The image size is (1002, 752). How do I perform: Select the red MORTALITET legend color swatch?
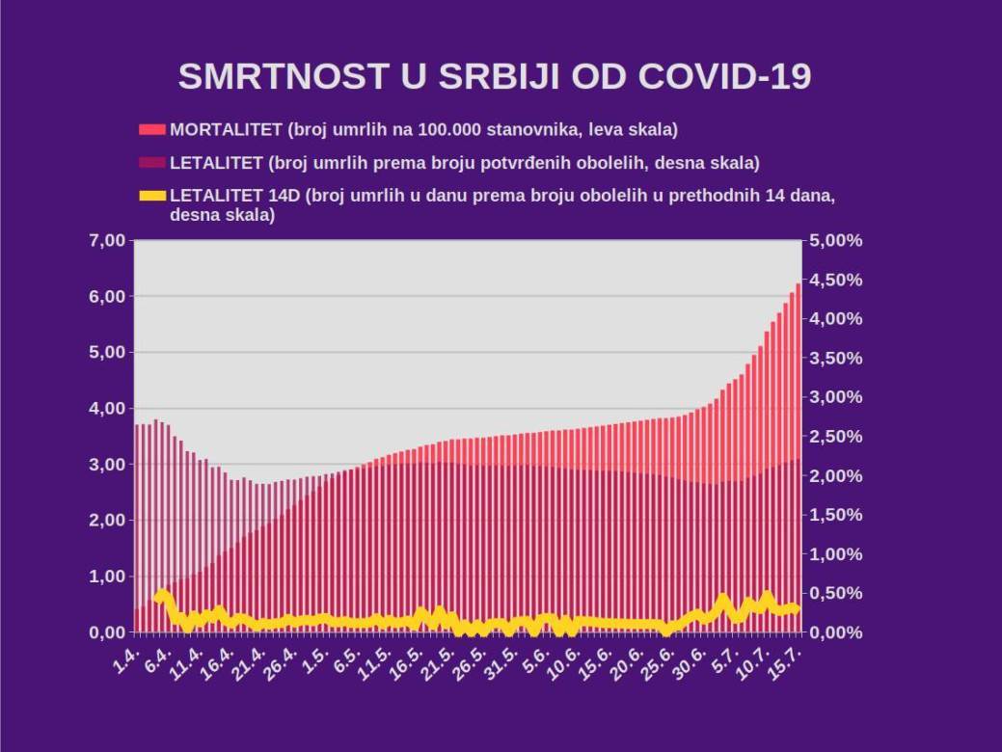[x=152, y=129]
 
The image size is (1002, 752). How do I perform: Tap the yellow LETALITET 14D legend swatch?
[x=152, y=196]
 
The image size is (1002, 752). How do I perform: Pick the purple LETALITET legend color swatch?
[x=152, y=162]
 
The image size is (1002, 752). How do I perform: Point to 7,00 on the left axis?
[x=107, y=240]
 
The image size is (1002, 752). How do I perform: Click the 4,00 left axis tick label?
[x=107, y=408]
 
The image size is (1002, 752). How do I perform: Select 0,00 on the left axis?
[x=107, y=632]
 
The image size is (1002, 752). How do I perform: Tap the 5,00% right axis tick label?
[x=835, y=240]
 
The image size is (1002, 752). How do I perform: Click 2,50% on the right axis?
[x=835, y=437]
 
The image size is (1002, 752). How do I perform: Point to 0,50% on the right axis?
[x=835, y=593]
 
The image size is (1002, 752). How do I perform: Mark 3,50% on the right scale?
[x=835, y=358]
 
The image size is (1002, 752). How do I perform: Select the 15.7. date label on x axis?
[x=788, y=662]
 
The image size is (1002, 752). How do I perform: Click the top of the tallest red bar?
[x=799, y=284]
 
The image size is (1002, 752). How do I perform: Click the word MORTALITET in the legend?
[x=227, y=129]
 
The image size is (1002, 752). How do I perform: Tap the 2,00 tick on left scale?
[x=107, y=521]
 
